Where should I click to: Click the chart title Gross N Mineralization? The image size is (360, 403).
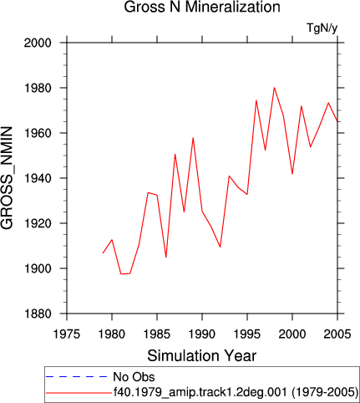(x=202, y=7)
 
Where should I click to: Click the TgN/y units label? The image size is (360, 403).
(x=322, y=28)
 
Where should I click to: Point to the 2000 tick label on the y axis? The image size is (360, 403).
(x=38, y=43)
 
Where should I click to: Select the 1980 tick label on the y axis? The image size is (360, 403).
(x=38, y=88)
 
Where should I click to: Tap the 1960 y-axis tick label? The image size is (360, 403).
(x=38, y=133)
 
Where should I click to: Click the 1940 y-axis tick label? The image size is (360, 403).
(x=38, y=178)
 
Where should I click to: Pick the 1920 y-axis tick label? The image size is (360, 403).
(x=38, y=223)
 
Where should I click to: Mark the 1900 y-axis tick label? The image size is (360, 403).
(x=38, y=268)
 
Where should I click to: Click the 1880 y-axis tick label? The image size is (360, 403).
(x=38, y=314)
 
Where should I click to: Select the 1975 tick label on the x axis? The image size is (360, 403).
(x=67, y=334)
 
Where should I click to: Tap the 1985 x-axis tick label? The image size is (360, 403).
(x=157, y=334)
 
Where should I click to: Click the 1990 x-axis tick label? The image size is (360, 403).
(x=202, y=334)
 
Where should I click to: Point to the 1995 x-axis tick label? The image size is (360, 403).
(x=247, y=334)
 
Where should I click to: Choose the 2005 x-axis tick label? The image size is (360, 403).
(x=337, y=334)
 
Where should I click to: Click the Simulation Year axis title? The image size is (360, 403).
(x=202, y=355)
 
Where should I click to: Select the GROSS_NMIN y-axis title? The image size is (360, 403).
(x=7, y=178)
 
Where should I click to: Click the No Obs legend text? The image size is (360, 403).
(x=134, y=377)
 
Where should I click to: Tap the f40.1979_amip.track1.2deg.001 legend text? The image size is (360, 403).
(x=200, y=392)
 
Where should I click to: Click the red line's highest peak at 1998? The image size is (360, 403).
(x=274, y=88)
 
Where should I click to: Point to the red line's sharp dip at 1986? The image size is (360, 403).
(x=166, y=257)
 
